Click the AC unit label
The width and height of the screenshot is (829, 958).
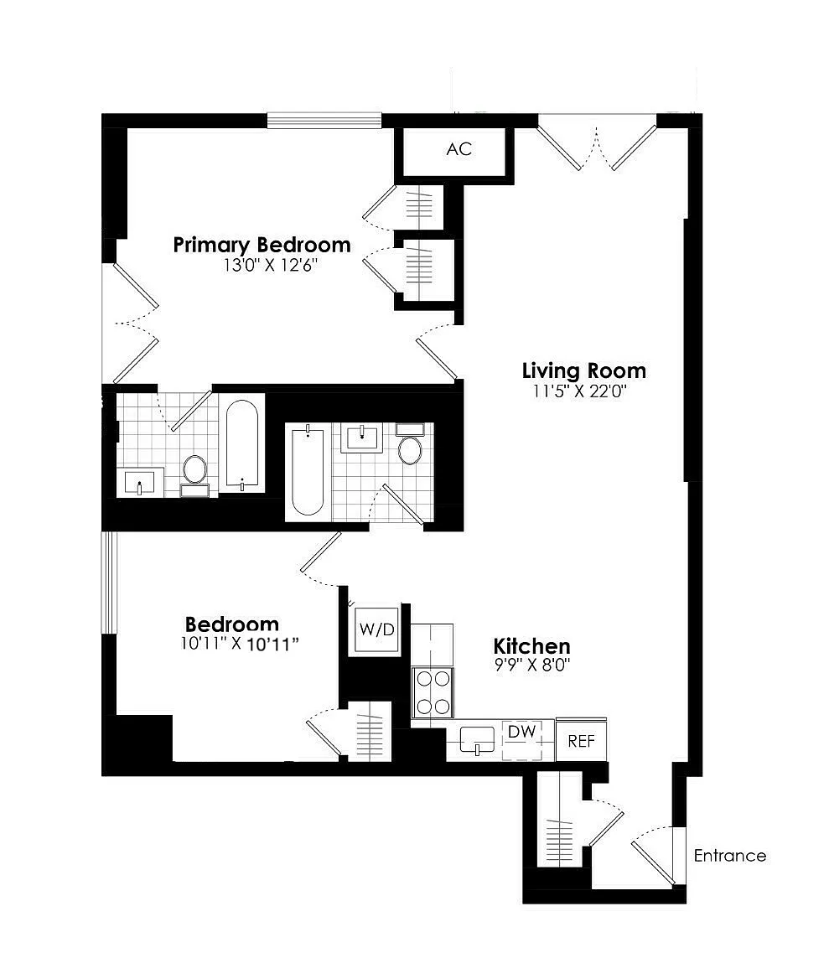(459, 149)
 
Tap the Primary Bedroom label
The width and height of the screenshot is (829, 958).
(262, 245)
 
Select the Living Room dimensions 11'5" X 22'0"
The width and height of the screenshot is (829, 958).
(580, 391)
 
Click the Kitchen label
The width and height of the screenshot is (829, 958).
(531, 646)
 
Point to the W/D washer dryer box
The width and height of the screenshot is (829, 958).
(377, 629)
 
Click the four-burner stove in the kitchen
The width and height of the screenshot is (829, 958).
(433, 691)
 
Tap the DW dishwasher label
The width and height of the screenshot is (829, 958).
(521, 732)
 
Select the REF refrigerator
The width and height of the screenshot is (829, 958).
(581, 740)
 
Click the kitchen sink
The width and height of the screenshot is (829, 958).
(477, 740)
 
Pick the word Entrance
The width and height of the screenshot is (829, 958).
(729, 856)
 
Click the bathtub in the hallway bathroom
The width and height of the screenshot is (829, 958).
(308, 472)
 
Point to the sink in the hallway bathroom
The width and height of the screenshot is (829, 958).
(361, 438)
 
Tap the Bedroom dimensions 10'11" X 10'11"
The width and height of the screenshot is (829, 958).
(240, 644)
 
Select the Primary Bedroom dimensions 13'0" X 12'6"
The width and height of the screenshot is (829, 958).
(271, 265)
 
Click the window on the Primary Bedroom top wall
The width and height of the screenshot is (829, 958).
(324, 121)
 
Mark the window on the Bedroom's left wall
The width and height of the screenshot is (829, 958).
(109, 583)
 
